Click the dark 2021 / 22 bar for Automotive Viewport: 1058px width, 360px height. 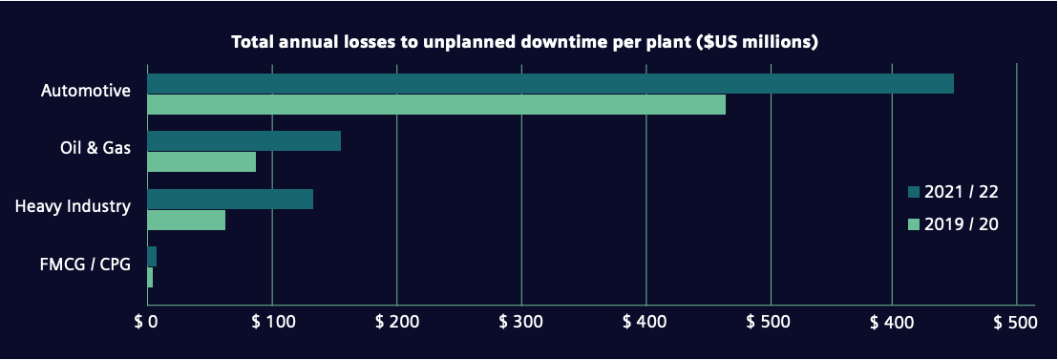550,83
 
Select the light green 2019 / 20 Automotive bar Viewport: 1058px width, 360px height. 436,104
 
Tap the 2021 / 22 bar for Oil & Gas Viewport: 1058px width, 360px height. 244,141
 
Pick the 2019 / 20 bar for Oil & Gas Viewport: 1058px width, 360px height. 201,162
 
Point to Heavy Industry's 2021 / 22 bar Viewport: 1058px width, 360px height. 230,199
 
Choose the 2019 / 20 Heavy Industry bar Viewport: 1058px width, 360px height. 186,220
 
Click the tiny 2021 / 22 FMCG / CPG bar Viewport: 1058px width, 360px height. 152,257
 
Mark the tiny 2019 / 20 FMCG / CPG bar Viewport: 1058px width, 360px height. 150,277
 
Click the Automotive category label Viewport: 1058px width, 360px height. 85,91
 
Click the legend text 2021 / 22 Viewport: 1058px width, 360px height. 962,192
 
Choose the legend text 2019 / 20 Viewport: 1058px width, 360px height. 962,223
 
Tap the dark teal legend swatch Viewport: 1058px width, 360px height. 913,192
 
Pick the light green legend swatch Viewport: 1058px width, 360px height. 913,223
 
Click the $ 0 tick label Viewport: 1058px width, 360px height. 145,323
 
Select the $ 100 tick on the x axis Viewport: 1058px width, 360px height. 271,323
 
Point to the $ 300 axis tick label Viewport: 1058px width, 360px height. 520,323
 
